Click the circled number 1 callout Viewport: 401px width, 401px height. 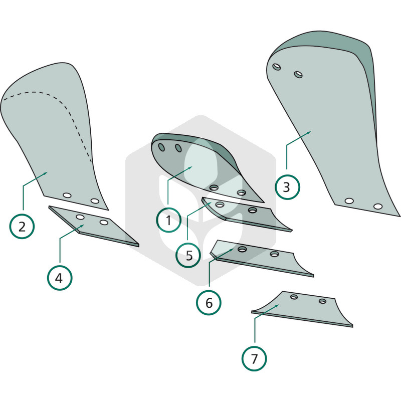tap(168, 220)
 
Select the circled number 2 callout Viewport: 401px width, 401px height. tap(22, 227)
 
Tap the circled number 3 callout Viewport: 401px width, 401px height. tap(287, 187)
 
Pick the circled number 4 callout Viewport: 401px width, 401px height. tap(60, 278)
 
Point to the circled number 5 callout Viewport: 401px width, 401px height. tap(188, 255)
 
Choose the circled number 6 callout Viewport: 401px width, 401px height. tap(209, 303)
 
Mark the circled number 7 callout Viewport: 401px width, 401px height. tap(254, 358)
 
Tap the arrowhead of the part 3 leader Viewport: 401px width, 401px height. tap(308, 132)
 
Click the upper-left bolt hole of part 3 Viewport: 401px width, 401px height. tap(277, 67)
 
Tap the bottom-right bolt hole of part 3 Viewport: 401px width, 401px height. tap(378, 206)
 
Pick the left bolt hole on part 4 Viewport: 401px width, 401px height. tap(80, 217)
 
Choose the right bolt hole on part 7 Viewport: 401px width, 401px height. tap(322, 301)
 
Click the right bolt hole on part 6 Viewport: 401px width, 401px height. tap(274, 254)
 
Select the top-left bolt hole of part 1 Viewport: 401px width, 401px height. tap(161, 147)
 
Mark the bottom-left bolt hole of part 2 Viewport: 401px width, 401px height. tap(67, 195)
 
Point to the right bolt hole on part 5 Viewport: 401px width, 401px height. tap(253, 210)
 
